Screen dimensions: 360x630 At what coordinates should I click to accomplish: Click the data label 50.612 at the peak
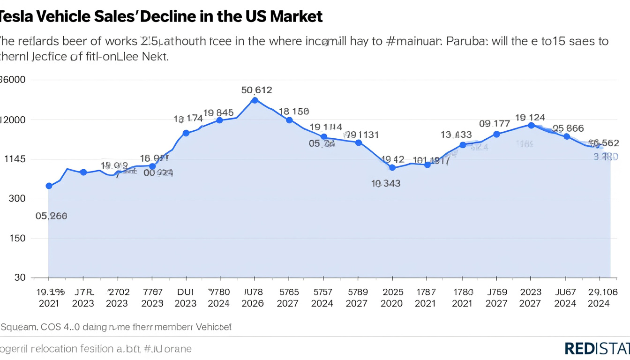(256, 90)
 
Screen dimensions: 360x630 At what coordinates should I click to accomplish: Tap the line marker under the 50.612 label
(255, 100)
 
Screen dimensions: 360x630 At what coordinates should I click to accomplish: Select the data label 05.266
(51, 216)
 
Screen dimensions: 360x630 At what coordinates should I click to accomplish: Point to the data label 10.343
(386, 183)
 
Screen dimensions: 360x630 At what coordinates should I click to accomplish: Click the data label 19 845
(218, 112)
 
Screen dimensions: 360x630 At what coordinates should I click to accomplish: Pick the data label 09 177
(495, 124)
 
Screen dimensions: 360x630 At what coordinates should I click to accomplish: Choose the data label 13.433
(456, 135)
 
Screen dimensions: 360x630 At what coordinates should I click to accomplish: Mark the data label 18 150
(293, 112)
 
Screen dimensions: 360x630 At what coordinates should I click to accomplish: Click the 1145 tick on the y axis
(14, 159)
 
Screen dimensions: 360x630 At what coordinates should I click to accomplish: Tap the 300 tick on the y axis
(16, 199)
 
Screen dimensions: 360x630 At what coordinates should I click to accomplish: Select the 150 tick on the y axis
(16, 238)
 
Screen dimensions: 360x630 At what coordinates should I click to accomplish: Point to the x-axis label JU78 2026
(253, 297)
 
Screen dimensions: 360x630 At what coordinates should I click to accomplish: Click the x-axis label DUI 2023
(185, 297)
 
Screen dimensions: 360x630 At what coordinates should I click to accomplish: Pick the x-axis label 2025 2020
(391, 297)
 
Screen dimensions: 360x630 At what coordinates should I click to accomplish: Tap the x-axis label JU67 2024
(565, 297)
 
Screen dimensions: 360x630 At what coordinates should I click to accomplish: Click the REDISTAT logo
(597, 348)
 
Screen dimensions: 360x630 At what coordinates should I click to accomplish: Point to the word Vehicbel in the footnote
(213, 327)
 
